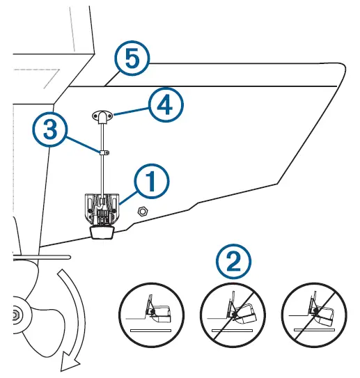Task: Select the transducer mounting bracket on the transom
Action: (x=102, y=207)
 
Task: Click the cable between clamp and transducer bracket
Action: (x=102, y=174)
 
